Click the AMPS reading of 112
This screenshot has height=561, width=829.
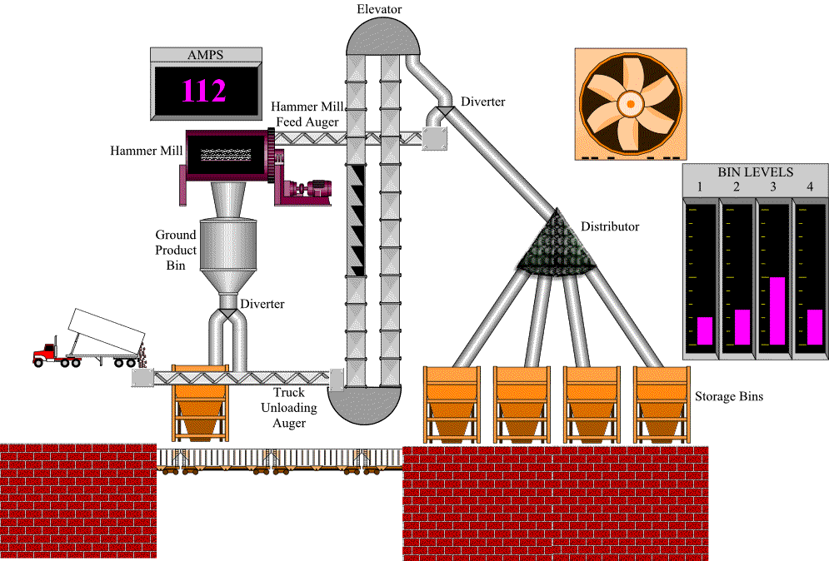tap(204, 91)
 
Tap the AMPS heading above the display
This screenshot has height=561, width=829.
tap(204, 56)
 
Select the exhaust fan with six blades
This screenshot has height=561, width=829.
tap(631, 103)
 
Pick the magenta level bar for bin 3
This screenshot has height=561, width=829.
tap(777, 310)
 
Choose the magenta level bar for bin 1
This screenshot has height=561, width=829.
tap(705, 330)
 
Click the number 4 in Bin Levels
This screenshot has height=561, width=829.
tap(810, 186)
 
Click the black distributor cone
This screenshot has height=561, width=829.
tap(556, 248)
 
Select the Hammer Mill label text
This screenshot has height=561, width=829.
tap(147, 151)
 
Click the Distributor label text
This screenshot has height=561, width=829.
tap(610, 226)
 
